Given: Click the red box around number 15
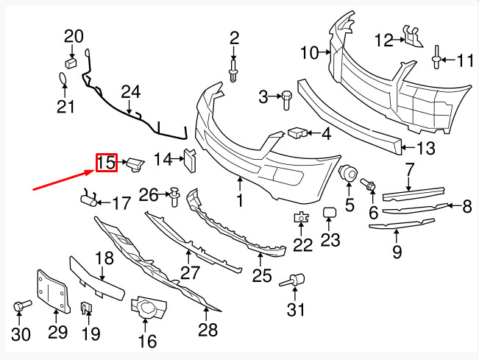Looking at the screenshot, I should click(x=106, y=163).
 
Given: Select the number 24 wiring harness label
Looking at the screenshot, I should click(x=130, y=92).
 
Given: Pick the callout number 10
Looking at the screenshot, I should click(x=309, y=52).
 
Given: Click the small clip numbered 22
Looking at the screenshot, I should click(x=302, y=217).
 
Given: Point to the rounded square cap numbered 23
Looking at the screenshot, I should click(x=330, y=213).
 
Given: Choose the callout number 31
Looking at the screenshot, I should click(x=295, y=311).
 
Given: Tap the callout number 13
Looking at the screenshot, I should click(x=427, y=148).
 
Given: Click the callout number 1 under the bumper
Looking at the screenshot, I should click(x=240, y=200).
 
